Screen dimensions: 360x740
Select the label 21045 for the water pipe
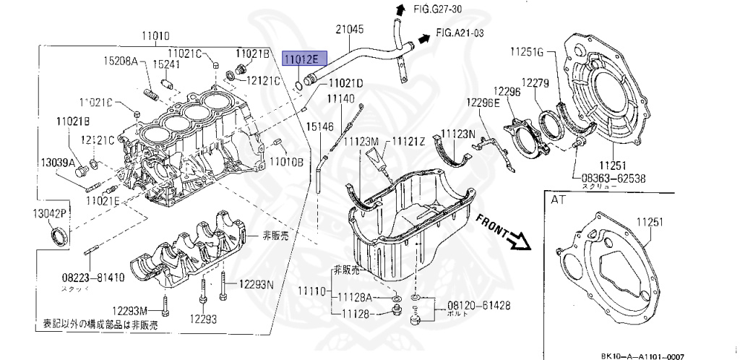[x=350, y=30]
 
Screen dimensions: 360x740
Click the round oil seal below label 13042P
[x=59, y=236]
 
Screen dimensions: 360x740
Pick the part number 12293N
[x=257, y=283]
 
